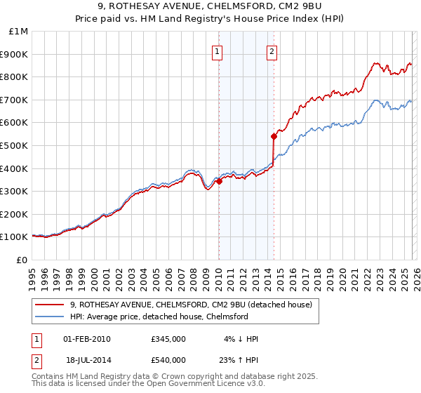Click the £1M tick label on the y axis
tap(18, 31)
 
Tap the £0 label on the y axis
tap(22, 260)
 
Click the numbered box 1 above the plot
tap(218, 51)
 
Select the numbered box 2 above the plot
tap(272, 51)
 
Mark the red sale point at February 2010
tap(219, 181)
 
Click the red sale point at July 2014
tap(274, 136)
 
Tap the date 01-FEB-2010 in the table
tap(87, 339)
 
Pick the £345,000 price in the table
tap(168, 339)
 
